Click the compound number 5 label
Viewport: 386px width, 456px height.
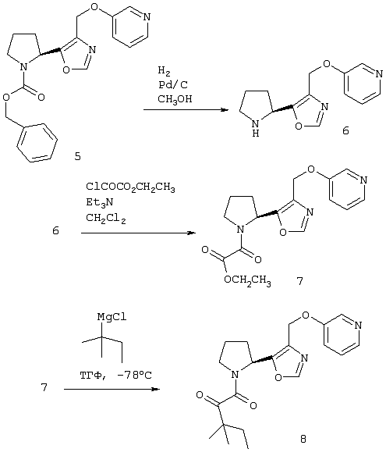coord(77,156)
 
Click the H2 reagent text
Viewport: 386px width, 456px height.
coord(164,71)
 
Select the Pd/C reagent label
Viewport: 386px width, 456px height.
coord(173,85)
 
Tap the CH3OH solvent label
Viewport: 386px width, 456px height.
coord(175,99)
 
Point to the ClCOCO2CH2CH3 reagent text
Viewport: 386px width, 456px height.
coord(130,187)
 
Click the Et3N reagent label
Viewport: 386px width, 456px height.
coord(99,202)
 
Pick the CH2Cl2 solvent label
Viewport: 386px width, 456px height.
coord(106,219)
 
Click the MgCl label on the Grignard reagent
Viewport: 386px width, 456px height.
coord(112,317)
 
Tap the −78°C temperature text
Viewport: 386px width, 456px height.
coord(134,375)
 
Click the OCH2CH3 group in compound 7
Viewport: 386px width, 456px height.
coord(247,280)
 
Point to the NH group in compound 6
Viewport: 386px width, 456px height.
coord(256,128)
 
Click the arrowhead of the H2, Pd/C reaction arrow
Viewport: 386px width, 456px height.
coord(225,110)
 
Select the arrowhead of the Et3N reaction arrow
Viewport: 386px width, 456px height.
coord(191,233)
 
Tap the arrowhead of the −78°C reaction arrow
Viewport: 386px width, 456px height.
coord(156,389)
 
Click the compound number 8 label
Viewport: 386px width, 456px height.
coord(303,439)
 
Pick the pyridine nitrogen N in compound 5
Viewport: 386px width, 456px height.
coord(147,17)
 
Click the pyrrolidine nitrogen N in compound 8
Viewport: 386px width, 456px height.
coord(235,375)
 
